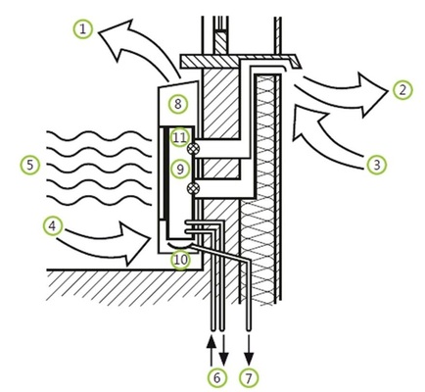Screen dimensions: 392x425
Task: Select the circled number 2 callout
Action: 402,90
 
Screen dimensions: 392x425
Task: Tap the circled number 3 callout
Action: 376,164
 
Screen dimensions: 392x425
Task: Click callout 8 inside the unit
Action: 177,102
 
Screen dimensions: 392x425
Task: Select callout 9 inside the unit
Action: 178,170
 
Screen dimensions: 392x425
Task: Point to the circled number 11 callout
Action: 178,138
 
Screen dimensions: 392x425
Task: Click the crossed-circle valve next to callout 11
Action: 197,146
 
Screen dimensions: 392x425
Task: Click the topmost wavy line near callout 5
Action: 103,129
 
